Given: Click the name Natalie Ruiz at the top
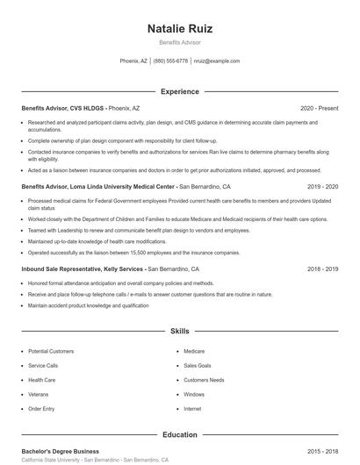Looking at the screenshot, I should coord(179,28).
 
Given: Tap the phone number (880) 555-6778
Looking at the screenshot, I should coord(170,61).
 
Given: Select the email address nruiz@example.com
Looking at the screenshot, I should coord(216,61).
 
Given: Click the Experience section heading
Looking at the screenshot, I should coord(179,91).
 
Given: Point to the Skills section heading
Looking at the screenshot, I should coord(179,332).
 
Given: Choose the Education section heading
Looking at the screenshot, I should coord(179,434).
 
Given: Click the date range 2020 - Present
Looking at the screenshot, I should coord(319,108).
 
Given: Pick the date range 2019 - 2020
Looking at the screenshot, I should coord(322,187).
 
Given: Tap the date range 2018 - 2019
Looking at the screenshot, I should coord(322,269).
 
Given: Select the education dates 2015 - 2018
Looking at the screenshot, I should coord(322,451).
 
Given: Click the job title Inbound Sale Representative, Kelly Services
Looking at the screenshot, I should coord(83,269).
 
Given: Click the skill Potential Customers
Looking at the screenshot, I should coord(51,351).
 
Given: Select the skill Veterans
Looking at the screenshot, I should coord(40,394).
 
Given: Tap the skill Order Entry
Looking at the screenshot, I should coord(41,409).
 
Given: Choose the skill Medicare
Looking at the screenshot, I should coord(194,351).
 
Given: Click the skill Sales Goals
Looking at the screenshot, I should coord(198,365).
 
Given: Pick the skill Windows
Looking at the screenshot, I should coord(194,394).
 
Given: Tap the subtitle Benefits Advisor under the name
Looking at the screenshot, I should coord(179,42).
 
